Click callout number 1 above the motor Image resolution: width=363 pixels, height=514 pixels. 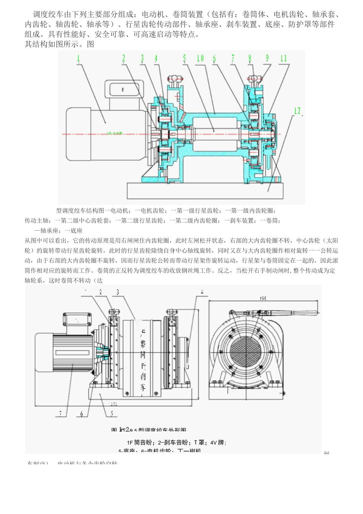pos(79,59)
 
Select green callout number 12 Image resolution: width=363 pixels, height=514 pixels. pos(297,111)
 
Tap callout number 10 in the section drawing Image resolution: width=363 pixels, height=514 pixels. pos(200,59)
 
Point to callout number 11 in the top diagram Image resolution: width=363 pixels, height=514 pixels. pos(283,59)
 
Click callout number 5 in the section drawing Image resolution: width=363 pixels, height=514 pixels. pos(185,59)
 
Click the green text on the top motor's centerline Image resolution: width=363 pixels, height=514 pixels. pos(115,133)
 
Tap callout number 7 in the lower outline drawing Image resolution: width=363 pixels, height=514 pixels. pos(60,413)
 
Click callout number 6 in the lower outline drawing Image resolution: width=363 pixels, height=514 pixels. pos(81,413)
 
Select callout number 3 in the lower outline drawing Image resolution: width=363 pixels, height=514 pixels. pos(117,292)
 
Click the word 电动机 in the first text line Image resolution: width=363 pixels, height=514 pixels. pos(153,15)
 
